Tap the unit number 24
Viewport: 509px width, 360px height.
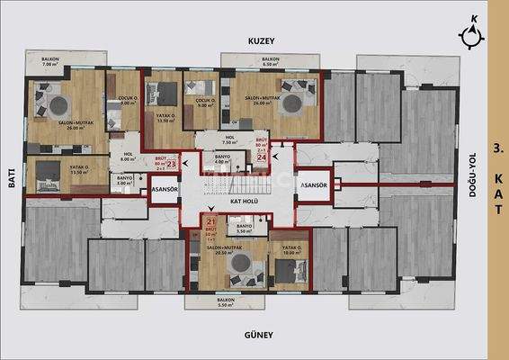point(262,156)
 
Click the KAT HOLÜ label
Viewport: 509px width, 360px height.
point(245,202)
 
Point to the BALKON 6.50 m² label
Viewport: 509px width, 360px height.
point(271,62)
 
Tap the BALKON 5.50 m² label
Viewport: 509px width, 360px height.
point(226,301)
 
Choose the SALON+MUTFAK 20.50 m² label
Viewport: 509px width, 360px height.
point(227,251)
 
